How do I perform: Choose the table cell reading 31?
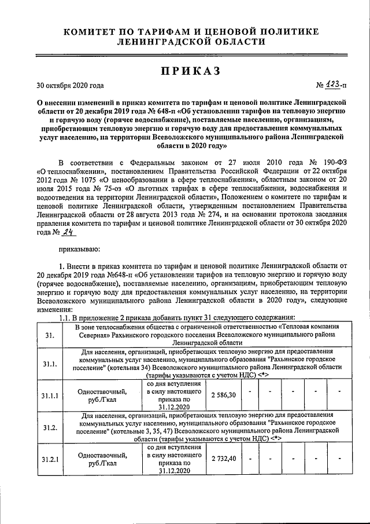(49, 334)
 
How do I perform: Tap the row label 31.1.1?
(50, 395)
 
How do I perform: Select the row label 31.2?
(50, 427)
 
